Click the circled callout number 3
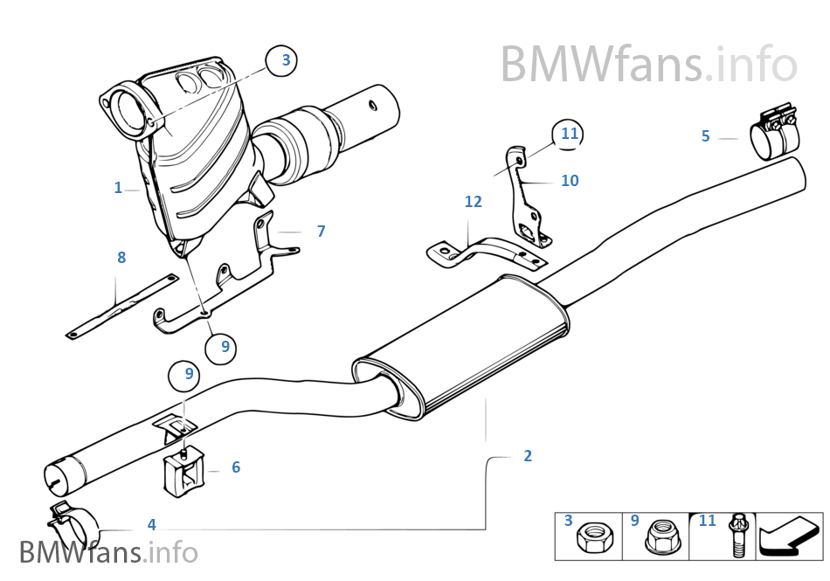285,60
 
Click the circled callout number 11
570,134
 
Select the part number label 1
118,188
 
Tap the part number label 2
528,455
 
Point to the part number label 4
151,524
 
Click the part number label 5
706,135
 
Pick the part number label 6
236,467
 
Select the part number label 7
322,231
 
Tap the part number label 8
121,257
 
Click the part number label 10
570,181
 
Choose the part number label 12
474,202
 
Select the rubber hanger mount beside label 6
183,472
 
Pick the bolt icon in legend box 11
736,535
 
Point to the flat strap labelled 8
122,305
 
